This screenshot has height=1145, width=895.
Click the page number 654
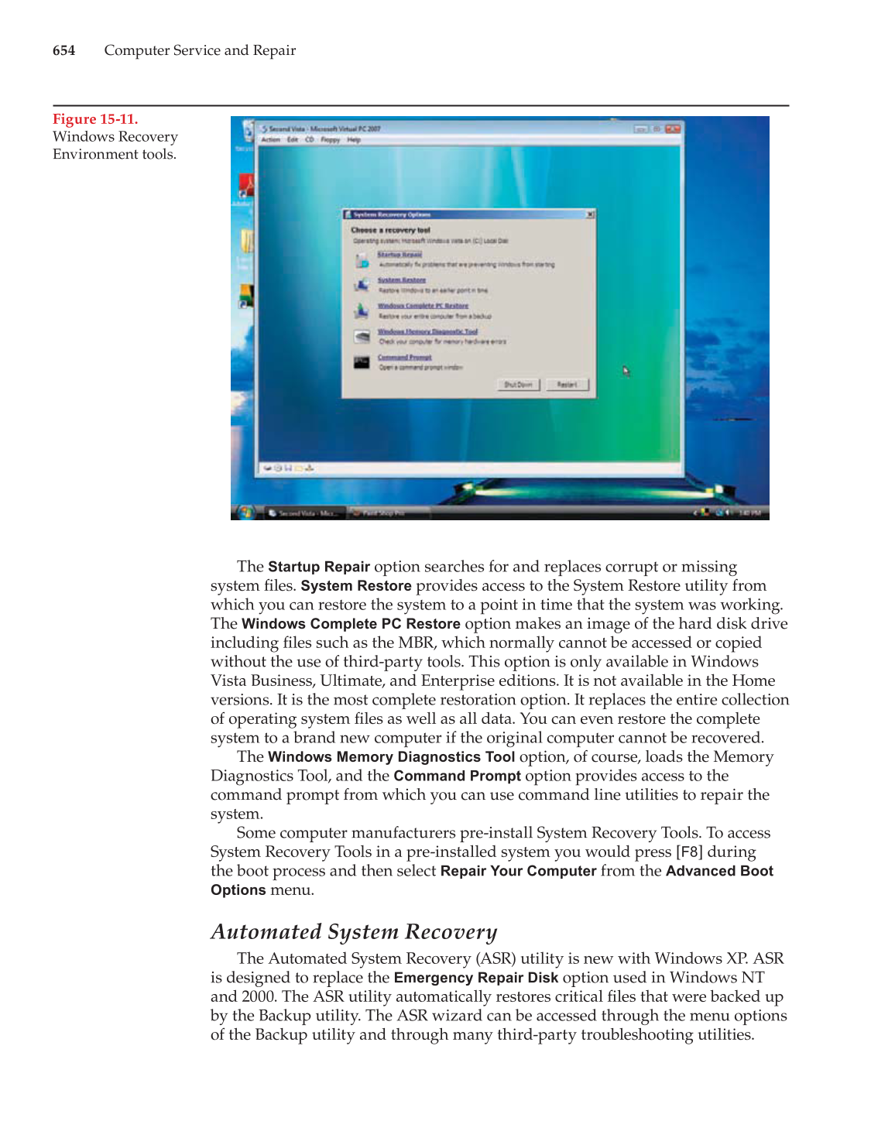[63, 50]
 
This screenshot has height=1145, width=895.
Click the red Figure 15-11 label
[95, 119]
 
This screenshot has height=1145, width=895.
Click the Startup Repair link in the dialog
[399, 255]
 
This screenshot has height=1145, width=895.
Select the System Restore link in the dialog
[402, 280]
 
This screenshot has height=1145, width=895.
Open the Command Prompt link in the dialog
[404, 358]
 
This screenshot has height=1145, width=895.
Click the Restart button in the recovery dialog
[567, 385]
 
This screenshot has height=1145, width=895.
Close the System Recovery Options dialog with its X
[590, 214]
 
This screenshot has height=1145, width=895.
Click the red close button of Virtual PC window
[673, 129]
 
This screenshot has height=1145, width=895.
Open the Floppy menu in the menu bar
[331, 140]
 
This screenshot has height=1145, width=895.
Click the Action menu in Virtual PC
[270, 140]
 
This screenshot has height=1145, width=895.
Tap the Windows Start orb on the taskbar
[245, 512]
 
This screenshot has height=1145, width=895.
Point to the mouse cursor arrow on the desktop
[625, 370]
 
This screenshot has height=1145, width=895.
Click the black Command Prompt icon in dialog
[362, 362]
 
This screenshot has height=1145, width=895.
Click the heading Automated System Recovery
[354, 932]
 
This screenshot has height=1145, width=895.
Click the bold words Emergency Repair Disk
[475, 978]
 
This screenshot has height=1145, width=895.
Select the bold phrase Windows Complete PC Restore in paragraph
[351, 624]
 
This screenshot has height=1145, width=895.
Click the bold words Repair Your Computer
[518, 871]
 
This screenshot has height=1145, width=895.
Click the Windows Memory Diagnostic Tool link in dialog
[427, 331]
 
